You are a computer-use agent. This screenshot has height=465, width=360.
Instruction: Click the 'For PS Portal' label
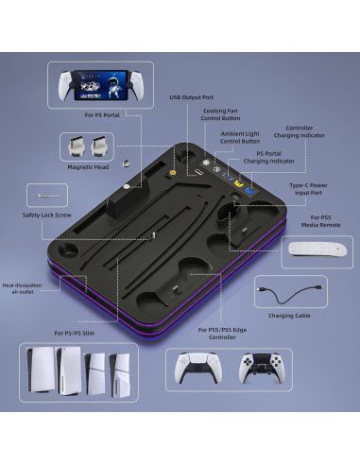[103, 114]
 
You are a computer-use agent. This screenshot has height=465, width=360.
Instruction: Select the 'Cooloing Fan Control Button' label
[220, 115]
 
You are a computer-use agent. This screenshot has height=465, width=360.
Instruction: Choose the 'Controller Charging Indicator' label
[308, 132]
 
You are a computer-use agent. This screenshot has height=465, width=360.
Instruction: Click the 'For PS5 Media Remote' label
[318, 224]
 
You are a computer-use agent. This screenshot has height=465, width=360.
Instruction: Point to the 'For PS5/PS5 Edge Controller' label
[224, 334]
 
